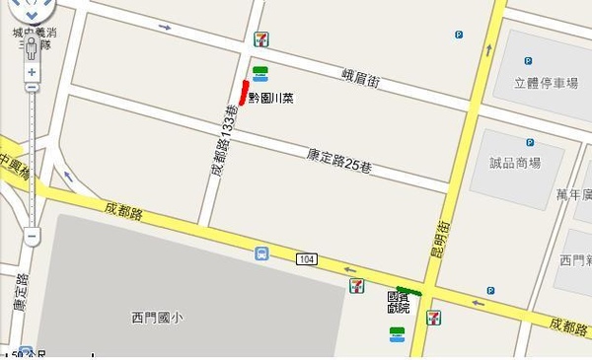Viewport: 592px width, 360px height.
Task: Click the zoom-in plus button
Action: (32, 72)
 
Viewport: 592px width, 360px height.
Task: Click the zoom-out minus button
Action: (32, 237)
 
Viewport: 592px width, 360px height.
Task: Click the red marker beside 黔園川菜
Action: (243, 91)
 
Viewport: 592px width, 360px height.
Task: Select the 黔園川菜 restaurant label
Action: (270, 99)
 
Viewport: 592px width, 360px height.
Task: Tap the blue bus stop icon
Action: (261, 253)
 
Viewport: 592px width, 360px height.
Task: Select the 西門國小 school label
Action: (157, 318)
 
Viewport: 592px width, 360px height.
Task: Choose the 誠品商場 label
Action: (515, 163)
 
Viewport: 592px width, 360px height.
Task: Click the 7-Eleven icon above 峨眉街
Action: (260, 38)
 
